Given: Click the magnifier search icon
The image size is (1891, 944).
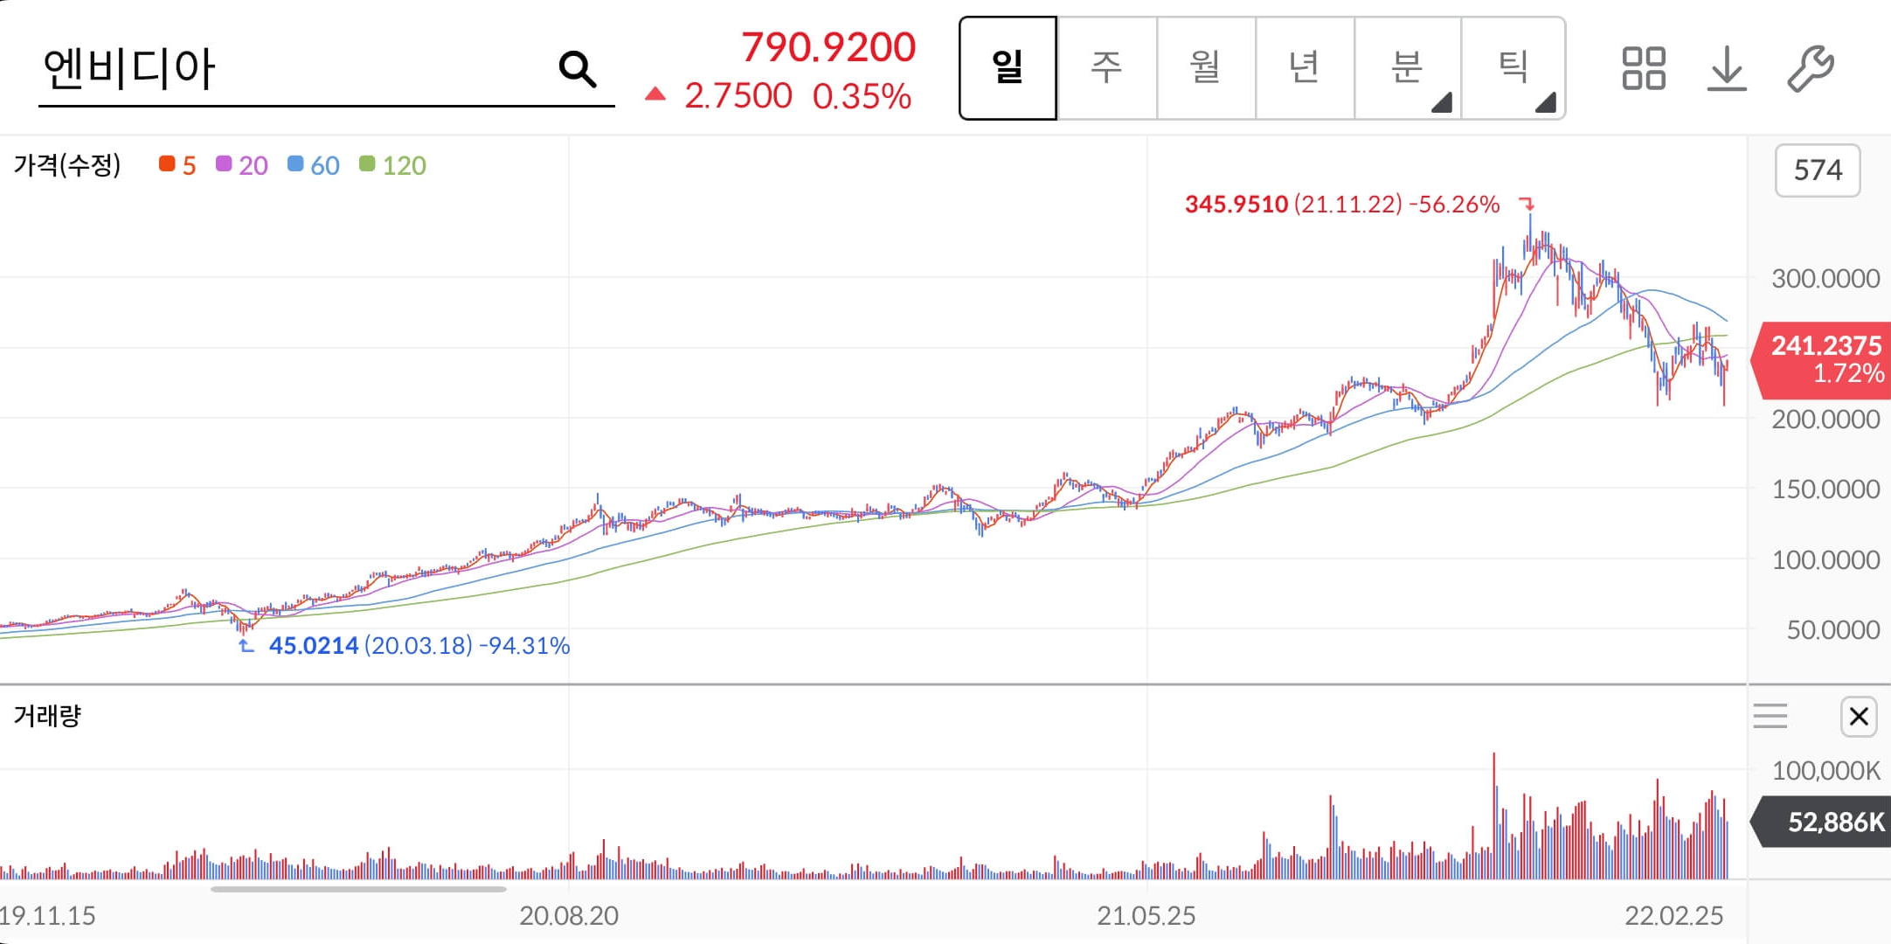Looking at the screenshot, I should (x=577, y=68).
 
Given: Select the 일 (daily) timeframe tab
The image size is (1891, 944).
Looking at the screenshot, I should (x=1008, y=67).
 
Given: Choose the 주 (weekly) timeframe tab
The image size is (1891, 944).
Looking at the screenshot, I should (x=1106, y=67).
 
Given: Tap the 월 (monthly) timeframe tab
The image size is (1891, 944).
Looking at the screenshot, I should (x=1206, y=67).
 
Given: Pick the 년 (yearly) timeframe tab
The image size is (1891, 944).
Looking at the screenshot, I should (x=1305, y=67).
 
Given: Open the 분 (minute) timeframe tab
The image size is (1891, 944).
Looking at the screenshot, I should (x=1407, y=67).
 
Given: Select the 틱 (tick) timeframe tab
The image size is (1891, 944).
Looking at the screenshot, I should (x=1513, y=67).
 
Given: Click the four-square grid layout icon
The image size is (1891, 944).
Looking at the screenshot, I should (x=1643, y=68).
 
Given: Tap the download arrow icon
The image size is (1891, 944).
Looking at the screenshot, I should (x=1726, y=68).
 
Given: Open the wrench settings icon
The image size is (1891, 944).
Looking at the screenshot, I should (x=1810, y=68).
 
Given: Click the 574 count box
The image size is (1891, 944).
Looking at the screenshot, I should (x=1818, y=170).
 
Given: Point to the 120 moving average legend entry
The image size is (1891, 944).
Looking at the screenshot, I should (x=393, y=165).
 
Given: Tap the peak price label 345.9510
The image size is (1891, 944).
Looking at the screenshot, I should (x=1236, y=205).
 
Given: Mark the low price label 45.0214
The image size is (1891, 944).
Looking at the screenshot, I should (x=314, y=646).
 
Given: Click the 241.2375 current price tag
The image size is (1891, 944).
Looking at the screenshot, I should (x=1824, y=359).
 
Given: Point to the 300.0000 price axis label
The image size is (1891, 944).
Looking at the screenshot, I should (x=1825, y=279).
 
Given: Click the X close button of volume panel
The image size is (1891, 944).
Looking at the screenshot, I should (x=1859, y=717).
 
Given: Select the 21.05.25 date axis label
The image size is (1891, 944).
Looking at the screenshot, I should (x=1146, y=915).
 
